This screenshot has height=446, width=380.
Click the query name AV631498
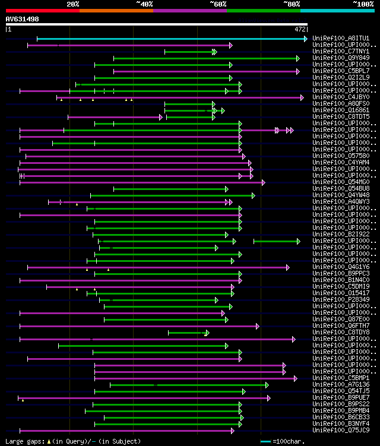tap(23, 19)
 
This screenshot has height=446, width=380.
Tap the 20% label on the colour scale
tap(73, 4)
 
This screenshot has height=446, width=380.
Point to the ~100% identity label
tap(363, 4)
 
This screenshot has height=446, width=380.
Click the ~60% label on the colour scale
tap(218, 4)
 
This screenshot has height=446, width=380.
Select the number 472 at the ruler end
tap(300, 29)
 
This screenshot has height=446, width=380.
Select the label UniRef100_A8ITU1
tap(340, 39)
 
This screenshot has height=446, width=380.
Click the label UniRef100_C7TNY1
tap(340, 52)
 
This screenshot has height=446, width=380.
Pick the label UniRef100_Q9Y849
tap(340, 58)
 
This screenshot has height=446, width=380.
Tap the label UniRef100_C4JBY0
tap(340, 97)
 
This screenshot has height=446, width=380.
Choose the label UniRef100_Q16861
tap(340, 110)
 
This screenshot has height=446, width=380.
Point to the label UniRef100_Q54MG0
tap(340, 182)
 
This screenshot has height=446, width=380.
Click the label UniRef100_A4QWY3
tap(340, 201)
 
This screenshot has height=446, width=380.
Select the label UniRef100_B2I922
tap(340, 234)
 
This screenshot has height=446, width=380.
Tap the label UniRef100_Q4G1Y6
tap(340, 267)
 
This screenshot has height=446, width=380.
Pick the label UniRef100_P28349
tap(340, 299)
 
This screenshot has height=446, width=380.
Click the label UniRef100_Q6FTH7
tap(340, 325)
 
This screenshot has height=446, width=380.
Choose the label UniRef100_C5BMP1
tap(340, 378)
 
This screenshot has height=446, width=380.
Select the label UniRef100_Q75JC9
tap(340, 430)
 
